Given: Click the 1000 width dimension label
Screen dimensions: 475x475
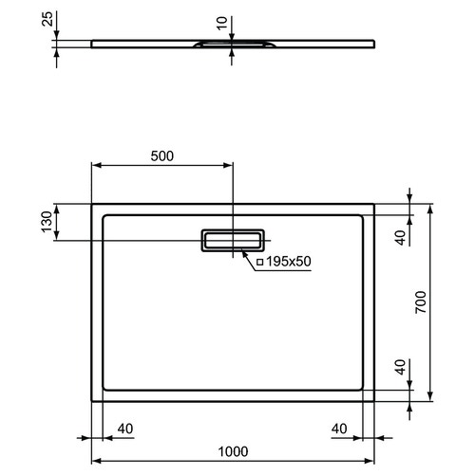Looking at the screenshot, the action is pyautogui.click(x=233, y=451).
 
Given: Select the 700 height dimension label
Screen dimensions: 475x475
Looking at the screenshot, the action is pyautogui.click(x=421, y=302).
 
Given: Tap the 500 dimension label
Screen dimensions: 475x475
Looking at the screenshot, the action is pyautogui.click(x=162, y=156).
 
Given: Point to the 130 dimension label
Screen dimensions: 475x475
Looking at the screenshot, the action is pyautogui.click(x=47, y=222).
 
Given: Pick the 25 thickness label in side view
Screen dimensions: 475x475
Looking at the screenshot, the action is pyautogui.click(x=47, y=19).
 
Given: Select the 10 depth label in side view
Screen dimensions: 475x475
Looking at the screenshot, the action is pyautogui.click(x=222, y=24).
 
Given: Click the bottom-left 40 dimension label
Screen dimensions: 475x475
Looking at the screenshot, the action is pyautogui.click(x=125, y=429).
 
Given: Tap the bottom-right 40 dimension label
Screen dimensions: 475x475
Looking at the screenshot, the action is pyautogui.click(x=339, y=429).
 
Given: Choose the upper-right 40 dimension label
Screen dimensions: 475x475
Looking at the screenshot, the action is pyautogui.click(x=401, y=238).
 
